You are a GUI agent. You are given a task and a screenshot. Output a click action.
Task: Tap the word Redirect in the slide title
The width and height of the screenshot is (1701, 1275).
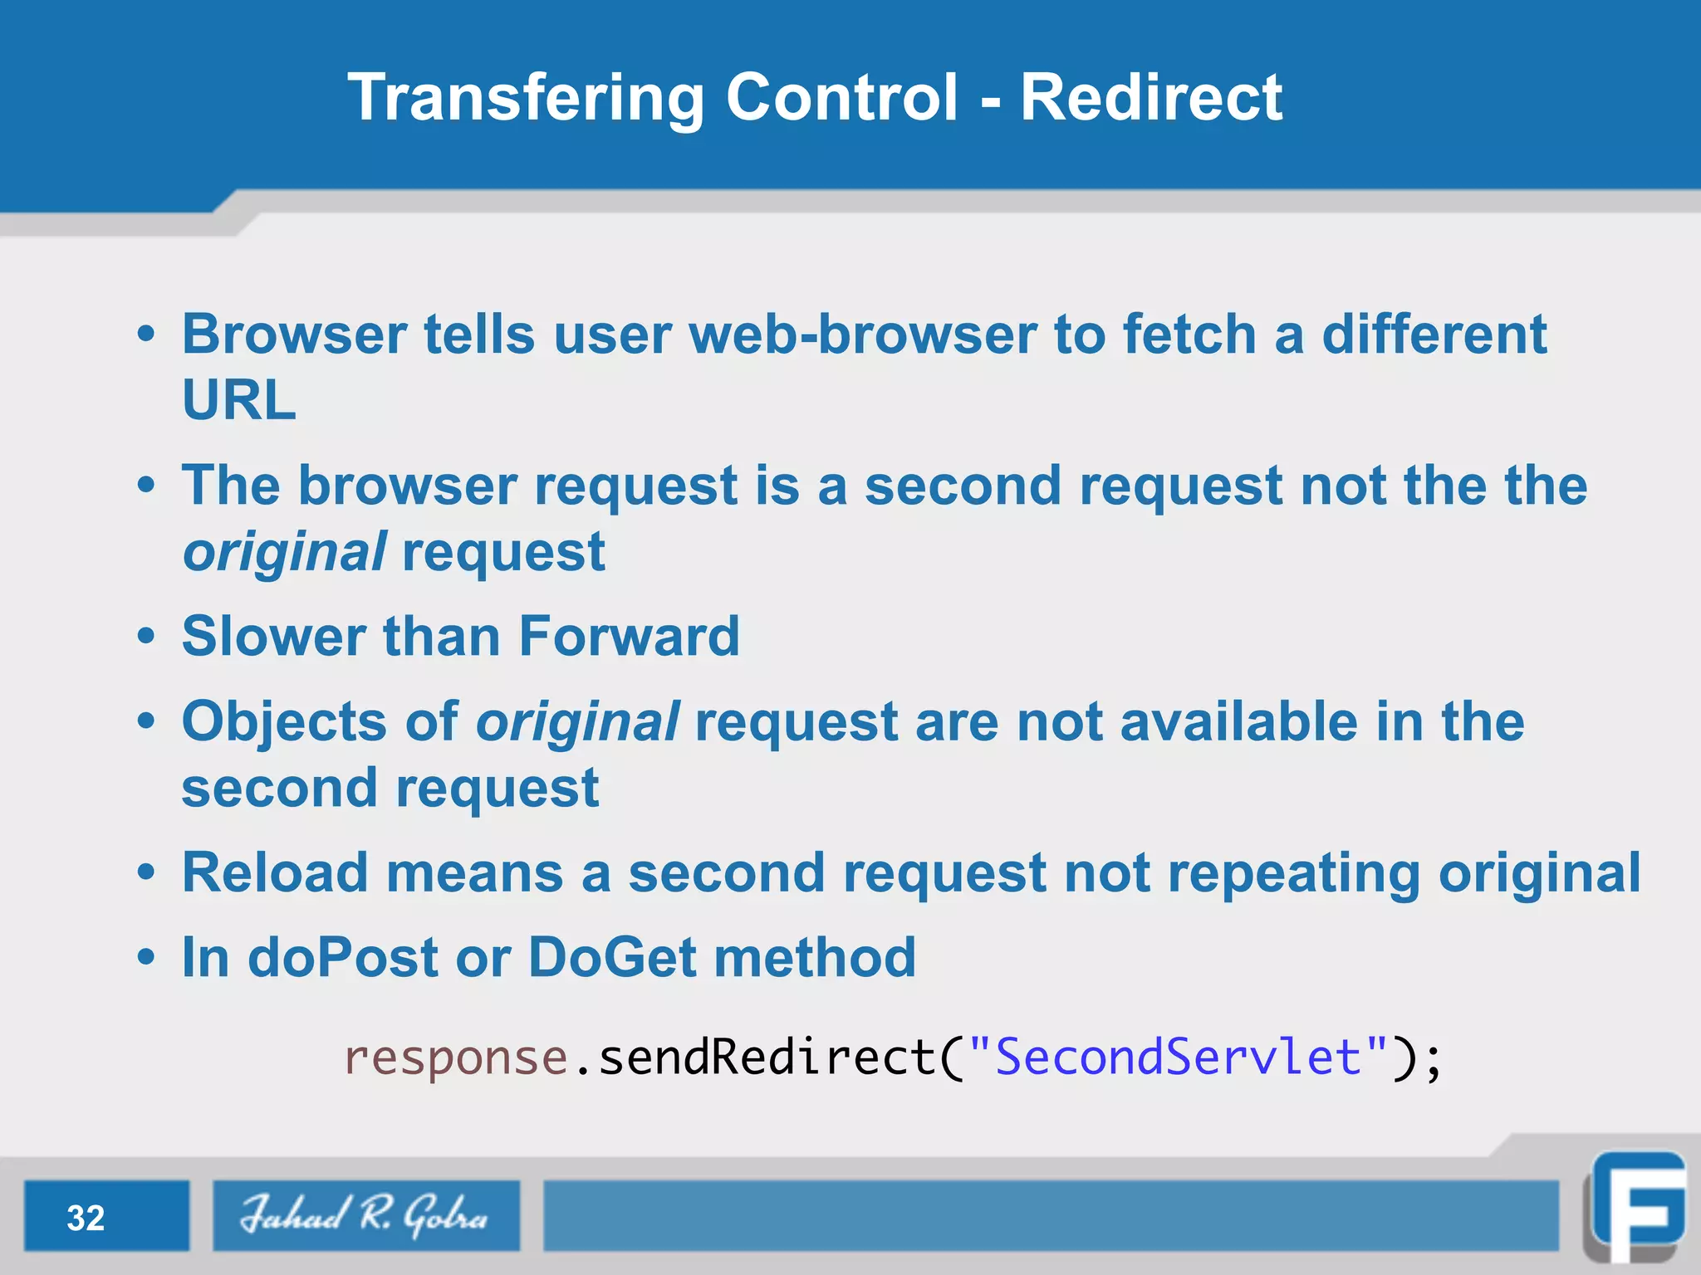coord(1151,98)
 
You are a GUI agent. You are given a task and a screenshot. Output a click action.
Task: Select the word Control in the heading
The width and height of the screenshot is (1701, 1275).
coord(842,98)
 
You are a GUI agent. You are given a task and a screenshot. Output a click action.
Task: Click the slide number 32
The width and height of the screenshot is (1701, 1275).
coord(86,1218)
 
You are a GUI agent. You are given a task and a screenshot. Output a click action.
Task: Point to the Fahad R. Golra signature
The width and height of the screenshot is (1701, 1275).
coord(365,1215)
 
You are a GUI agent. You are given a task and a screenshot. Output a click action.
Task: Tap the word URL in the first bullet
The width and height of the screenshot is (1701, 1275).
coord(239,400)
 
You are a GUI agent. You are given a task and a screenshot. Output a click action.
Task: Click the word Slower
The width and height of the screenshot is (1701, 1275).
coord(273,637)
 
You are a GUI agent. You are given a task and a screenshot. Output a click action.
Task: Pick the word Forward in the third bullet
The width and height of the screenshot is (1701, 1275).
coord(629,637)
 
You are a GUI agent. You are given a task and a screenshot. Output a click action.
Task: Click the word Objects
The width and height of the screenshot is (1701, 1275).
coord(284,721)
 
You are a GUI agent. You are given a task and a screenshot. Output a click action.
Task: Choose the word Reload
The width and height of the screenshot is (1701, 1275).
coord(275,872)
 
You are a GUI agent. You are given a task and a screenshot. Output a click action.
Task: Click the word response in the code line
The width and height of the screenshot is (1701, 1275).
coord(456,1058)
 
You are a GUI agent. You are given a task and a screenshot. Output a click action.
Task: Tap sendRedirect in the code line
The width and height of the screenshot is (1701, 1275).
coord(768,1058)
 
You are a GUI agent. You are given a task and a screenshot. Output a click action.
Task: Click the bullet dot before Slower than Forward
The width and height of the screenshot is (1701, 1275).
coord(146,637)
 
